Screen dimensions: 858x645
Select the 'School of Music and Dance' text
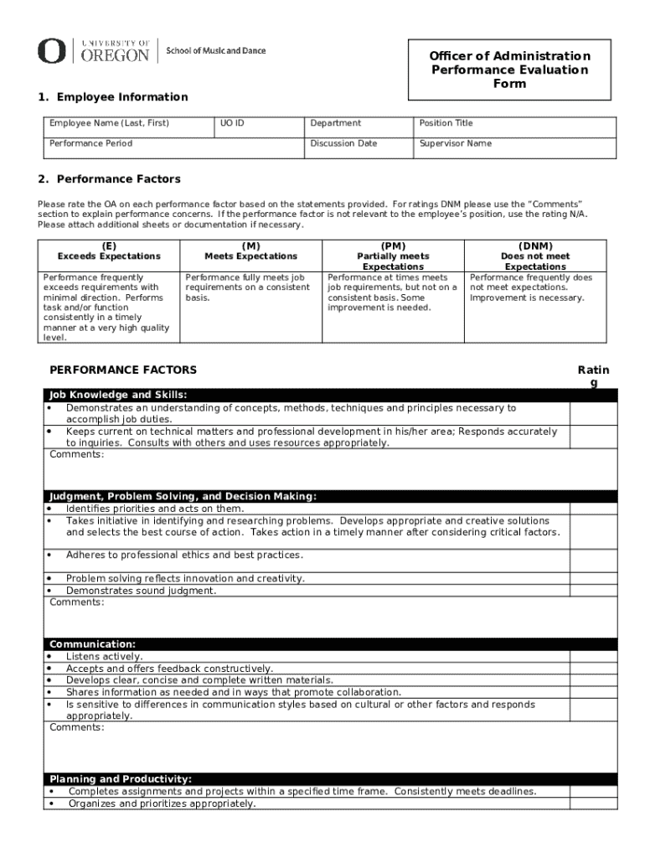[216, 51]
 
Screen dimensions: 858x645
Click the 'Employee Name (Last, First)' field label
[109, 123]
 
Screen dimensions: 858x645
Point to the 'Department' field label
[335, 123]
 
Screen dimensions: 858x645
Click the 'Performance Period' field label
[90, 143]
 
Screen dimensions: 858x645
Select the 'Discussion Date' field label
[343, 143]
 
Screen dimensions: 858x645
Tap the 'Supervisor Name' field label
[455, 143]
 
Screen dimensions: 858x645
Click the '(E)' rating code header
[109, 246]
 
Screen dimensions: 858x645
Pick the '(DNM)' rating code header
[535, 246]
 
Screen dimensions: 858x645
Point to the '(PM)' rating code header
[393, 246]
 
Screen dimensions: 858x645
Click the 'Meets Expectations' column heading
[250, 256]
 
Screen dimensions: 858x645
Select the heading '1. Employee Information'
[112, 97]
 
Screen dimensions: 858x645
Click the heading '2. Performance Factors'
[109, 179]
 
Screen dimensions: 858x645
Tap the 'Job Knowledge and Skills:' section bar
[118, 395]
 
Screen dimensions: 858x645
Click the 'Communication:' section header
[93, 644]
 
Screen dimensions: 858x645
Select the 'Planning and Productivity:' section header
[121, 779]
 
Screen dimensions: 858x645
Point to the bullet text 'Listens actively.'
[105, 657]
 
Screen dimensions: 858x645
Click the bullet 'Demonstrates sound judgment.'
[141, 591]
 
